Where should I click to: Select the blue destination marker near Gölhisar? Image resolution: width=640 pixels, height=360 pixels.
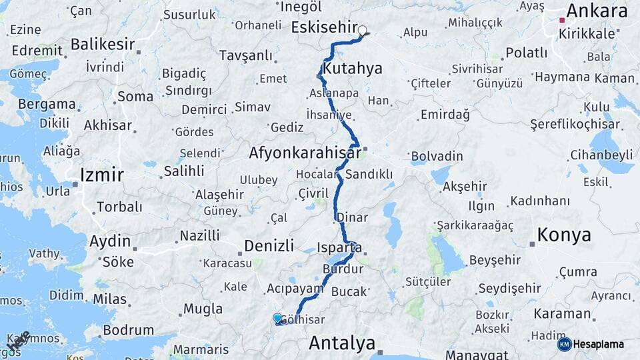pos(277,318)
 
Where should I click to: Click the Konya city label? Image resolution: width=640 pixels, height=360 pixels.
pos(564,235)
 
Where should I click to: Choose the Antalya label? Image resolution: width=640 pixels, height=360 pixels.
pos(342,343)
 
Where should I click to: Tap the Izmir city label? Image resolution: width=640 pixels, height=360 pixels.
pos(101,175)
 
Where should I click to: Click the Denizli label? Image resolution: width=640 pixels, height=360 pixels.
pos(269,245)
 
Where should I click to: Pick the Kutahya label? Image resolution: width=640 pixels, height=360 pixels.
pos(352,69)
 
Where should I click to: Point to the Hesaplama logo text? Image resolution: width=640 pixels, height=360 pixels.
pos(599,344)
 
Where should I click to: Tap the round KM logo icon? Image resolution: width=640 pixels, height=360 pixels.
pos(564,344)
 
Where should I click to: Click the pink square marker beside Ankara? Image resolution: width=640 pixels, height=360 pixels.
pos(563,21)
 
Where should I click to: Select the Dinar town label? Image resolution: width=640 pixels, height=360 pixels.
pos(352,217)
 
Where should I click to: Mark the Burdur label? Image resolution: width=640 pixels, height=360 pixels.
pos(343,269)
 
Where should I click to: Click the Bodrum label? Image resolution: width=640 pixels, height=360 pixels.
pos(129,329)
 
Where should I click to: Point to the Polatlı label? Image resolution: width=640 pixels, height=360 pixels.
pos(526,53)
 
